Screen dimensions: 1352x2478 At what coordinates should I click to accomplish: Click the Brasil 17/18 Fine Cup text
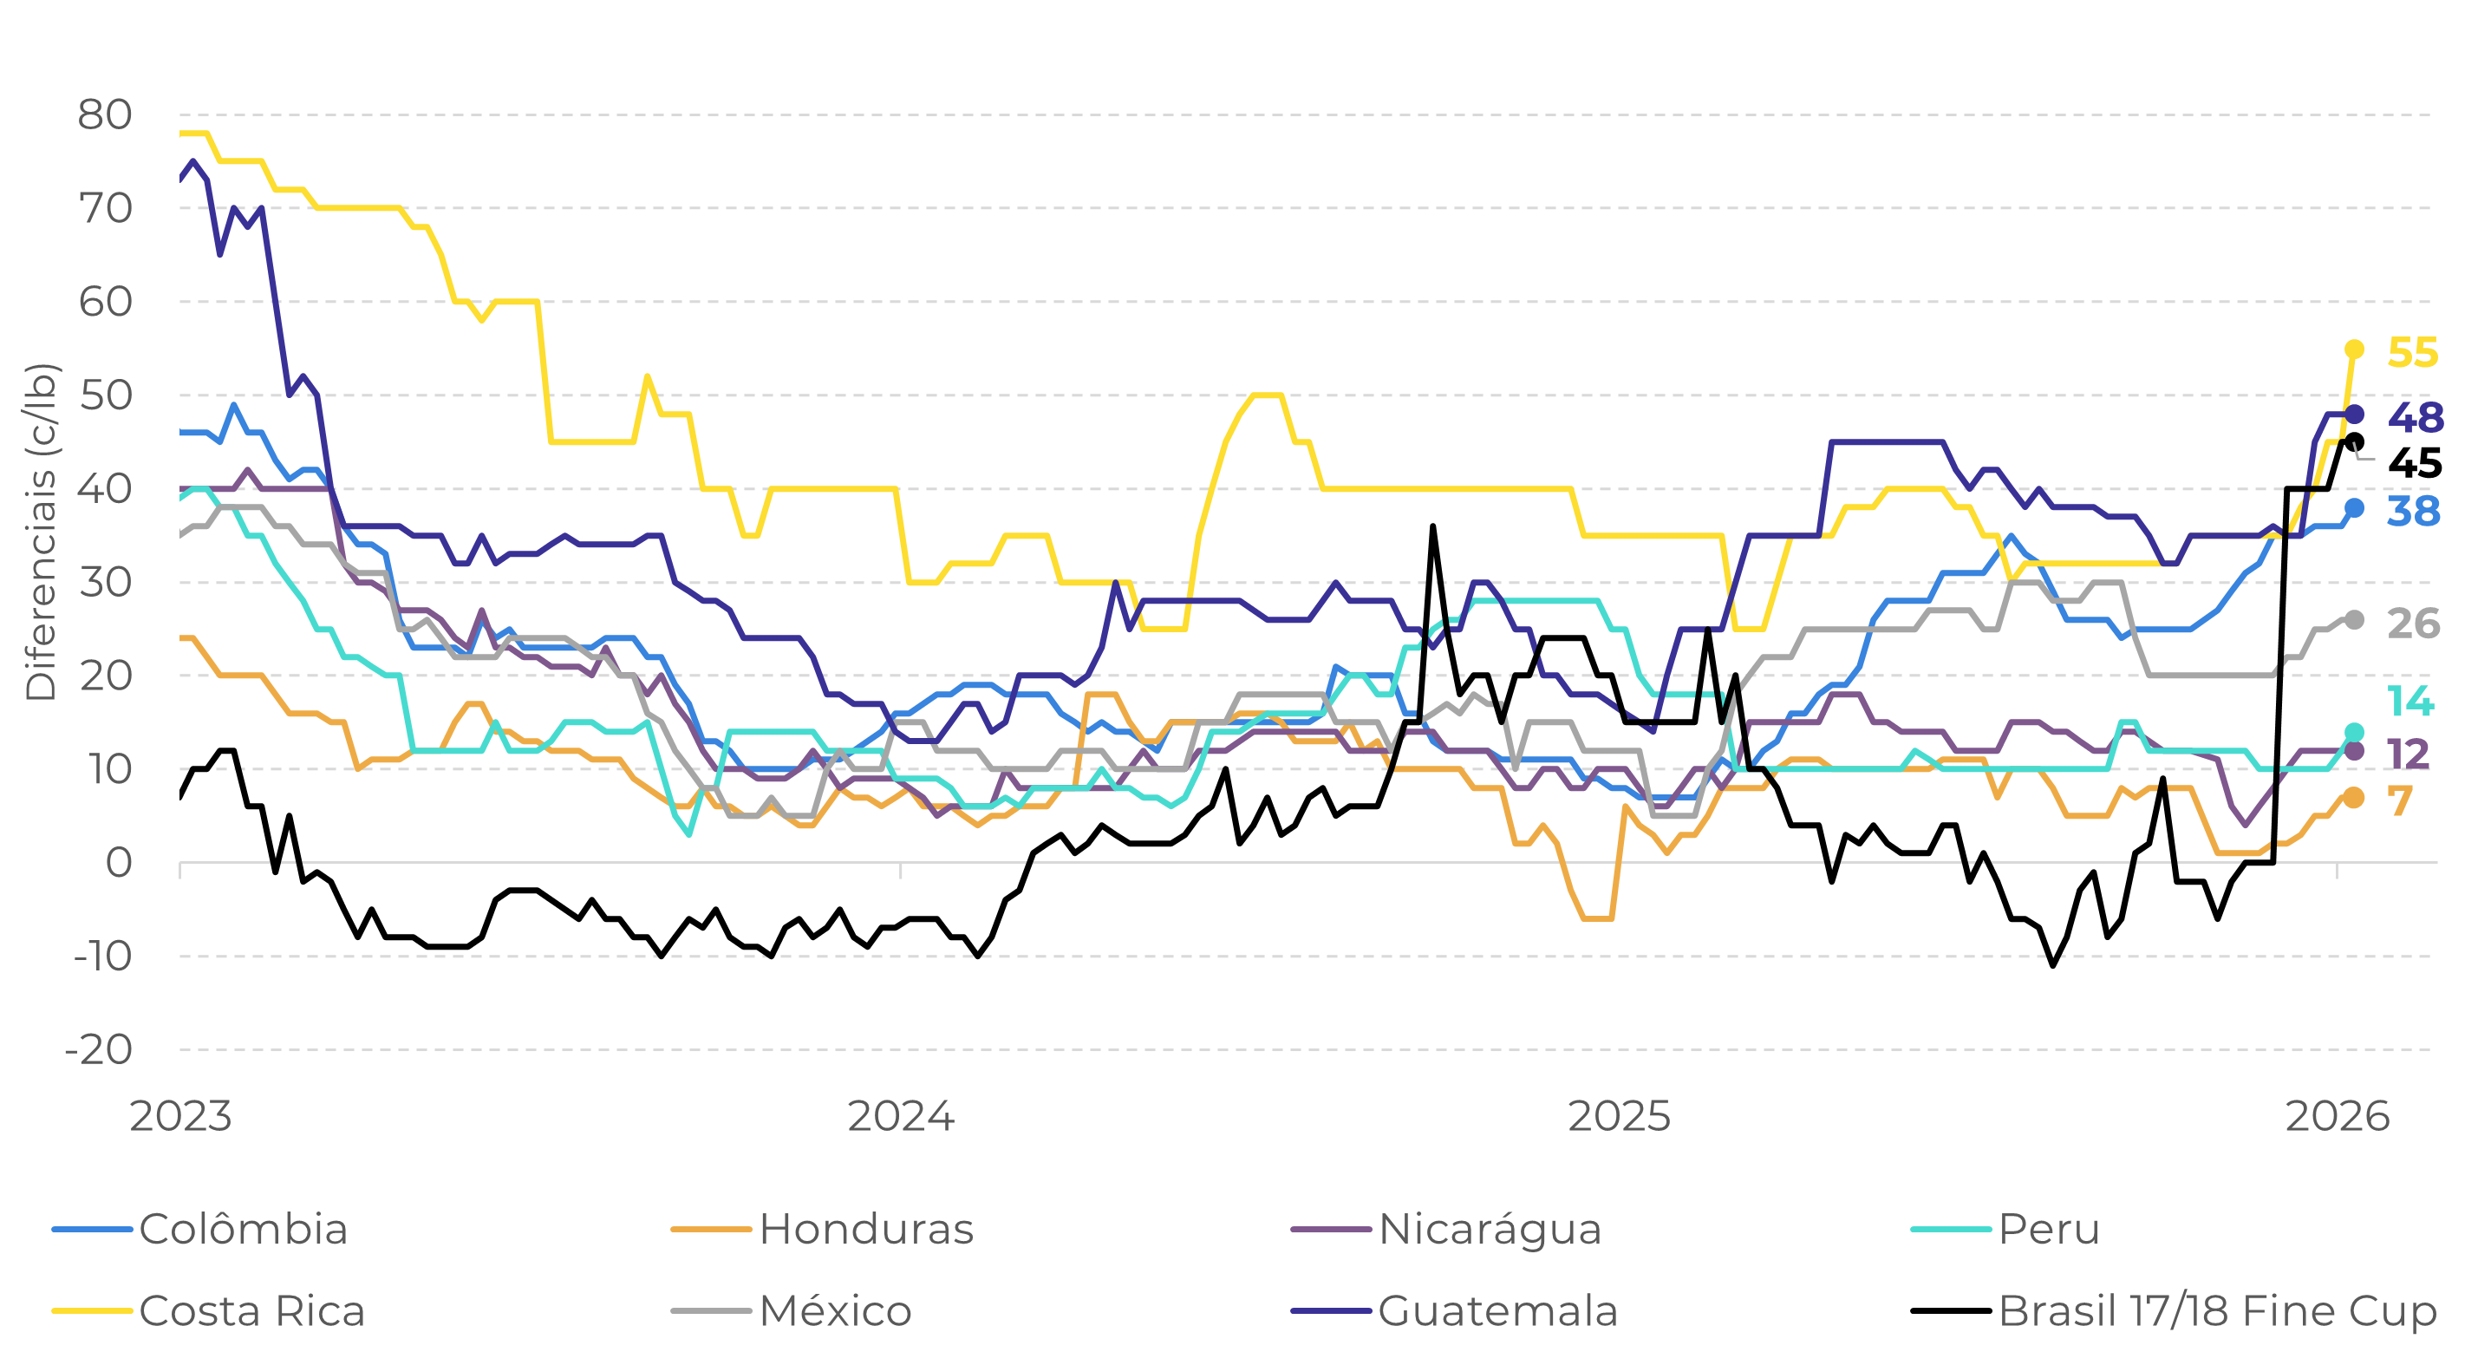coord(2217,1310)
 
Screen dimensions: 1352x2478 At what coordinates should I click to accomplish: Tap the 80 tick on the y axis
coord(105,115)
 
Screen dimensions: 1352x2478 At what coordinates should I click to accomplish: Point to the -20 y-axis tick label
coord(98,1050)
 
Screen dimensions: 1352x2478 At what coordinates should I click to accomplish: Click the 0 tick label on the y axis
coord(118,863)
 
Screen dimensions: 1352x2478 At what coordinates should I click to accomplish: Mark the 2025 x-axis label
coord(1620,1116)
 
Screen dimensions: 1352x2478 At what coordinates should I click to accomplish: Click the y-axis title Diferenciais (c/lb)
coord(41,532)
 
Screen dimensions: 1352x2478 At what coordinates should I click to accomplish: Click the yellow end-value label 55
coord(2413,353)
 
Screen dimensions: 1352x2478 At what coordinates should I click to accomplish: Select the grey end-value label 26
coord(2414,624)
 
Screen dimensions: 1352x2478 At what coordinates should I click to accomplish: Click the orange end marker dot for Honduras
coord(2353,798)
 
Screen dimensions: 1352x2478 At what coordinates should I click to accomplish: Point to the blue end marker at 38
coord(2353,508)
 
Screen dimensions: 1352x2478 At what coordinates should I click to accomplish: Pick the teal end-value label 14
coord(2410,702)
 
